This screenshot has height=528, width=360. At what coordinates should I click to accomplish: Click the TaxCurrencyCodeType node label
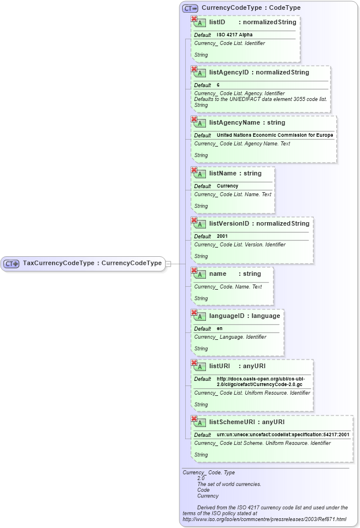(x=92, y=263)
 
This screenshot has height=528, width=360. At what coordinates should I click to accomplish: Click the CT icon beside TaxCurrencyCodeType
(x=12, y=264)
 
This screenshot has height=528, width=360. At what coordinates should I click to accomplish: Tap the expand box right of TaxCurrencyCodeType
(x=168, y=264)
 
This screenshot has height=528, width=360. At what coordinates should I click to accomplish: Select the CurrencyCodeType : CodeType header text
(x=251, y=8)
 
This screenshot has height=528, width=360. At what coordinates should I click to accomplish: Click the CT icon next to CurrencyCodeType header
(x=190, y=9)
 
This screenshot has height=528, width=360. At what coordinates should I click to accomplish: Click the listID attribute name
(x=217, y=22)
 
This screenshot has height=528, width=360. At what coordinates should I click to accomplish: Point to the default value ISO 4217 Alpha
(x=231, y=35)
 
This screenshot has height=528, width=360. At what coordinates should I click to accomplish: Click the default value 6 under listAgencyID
(x=218, y=85)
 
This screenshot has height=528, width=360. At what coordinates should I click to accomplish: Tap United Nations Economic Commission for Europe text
(x=275, y=135)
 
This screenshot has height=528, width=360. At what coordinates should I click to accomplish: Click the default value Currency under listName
(x=227, y=186)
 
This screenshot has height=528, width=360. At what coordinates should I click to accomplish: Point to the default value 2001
(x=222, y=236)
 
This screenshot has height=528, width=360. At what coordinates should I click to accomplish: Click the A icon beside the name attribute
(x=200, y=274)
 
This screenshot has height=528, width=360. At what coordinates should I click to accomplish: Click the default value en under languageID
(x=219, y=328)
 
